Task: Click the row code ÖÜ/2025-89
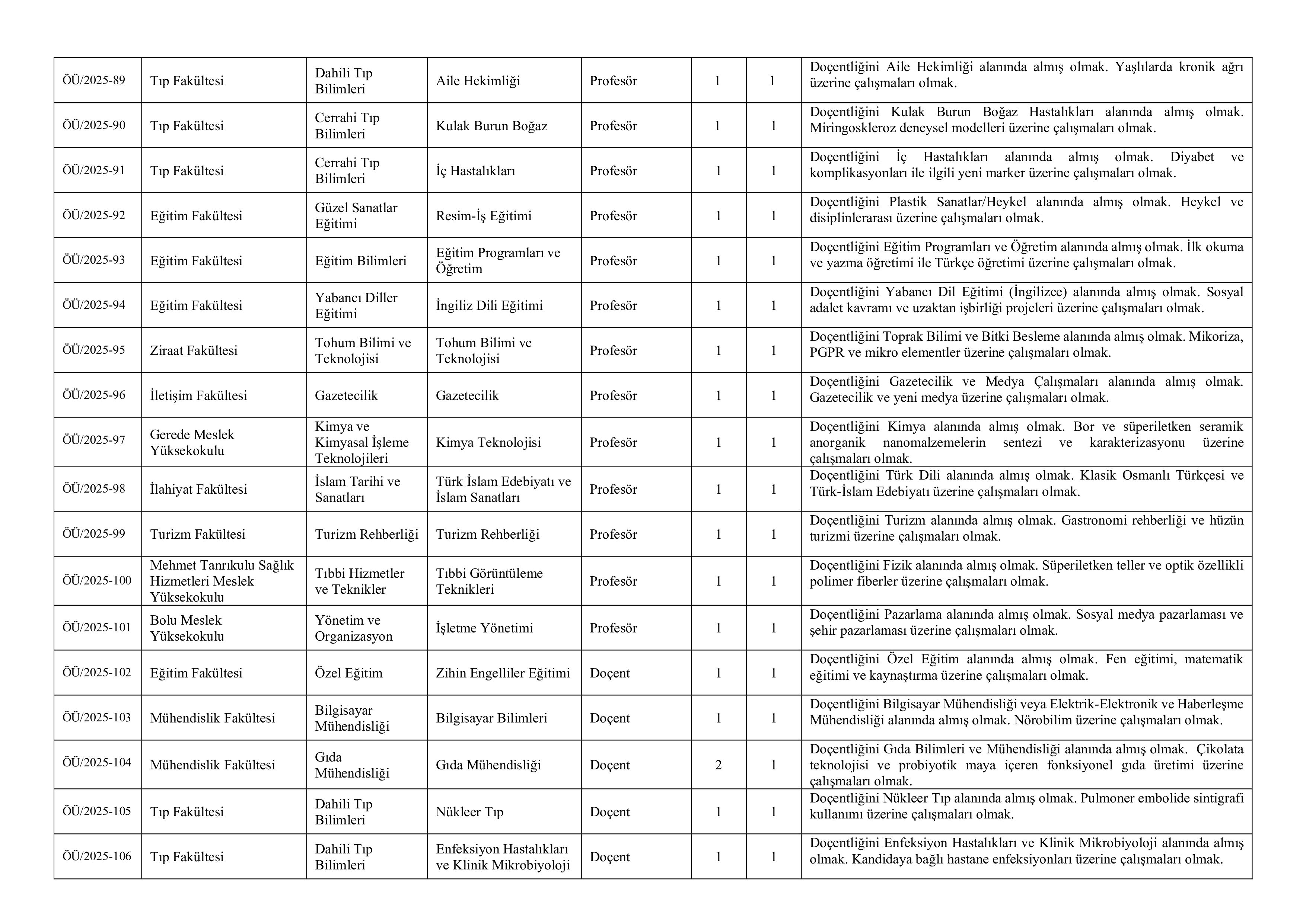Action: pyautogui.click(x=94, y=80)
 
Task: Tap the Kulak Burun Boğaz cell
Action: pyautogui.click(x=491, y=126)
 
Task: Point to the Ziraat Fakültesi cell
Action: pyautogui.click(x=193, y=350)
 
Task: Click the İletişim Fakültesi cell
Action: pyautogui.click(x=198, y=395)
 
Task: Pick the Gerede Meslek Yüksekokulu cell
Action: pyautogui.click(x=192, y=442)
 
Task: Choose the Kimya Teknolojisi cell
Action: pyautogui.click(x=488, y=442)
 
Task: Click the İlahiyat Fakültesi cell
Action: pyautogui.click(x=198, y=489)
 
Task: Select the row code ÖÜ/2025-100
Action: pyautogui.click(x=97, y=580)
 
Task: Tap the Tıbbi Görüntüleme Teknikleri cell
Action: pyautogui.click(x=489, y=581)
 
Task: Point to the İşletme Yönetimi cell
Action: pyautogui.click(x=484, y=628)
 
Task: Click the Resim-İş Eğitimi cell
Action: pyautogui.click(x=484, y=215)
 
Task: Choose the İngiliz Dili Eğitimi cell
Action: pyautogui.click(x=489, y=305)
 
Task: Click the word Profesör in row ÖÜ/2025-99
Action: pyautogui.click(x=613, y=534)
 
